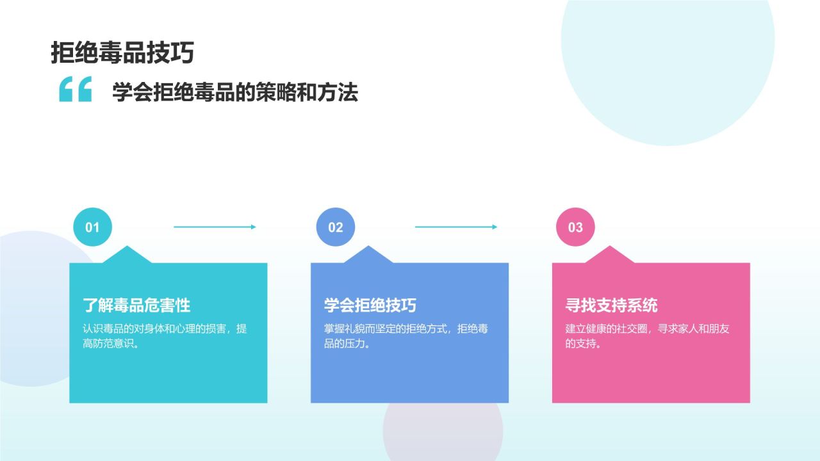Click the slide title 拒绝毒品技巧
(x=122, y=53)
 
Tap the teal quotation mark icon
(x=76, y=89)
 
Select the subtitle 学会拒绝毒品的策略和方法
(x=235, y=92)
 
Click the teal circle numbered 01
(x=93, y=227)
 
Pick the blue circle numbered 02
(x=335, y=227)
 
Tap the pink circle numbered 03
(x=575, y=227)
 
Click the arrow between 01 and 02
(x=215, y=227)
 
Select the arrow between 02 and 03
(x=455, y=227)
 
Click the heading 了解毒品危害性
(x=136, y=305)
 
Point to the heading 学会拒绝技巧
(x=370, y=305)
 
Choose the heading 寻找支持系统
(x=611, y=305)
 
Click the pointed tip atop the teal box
(x=127, y=246)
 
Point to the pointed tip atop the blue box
(x=368, y=246)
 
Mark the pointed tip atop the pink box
(x=609, y=246)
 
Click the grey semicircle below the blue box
(x=443, y=432)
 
